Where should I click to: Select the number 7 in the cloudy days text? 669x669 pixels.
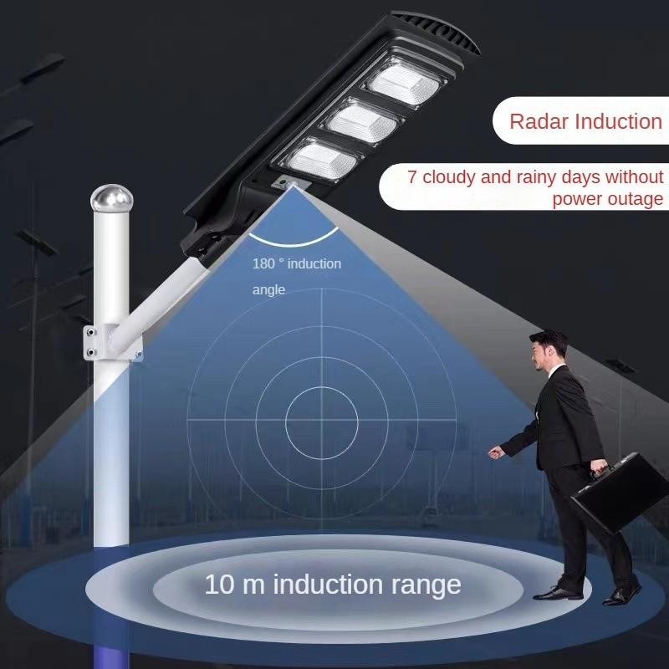coord(412,178)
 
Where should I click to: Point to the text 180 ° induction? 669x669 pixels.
coord(297,264)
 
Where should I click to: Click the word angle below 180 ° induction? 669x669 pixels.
coord(268,290)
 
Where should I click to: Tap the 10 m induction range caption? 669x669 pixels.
coord(332,584)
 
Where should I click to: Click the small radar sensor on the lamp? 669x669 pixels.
coord(290,183)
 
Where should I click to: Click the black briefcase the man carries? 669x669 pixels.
coord(620,493)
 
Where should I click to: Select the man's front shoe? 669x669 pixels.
coord(556,592)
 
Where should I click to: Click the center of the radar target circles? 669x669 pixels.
coord(322,416)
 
